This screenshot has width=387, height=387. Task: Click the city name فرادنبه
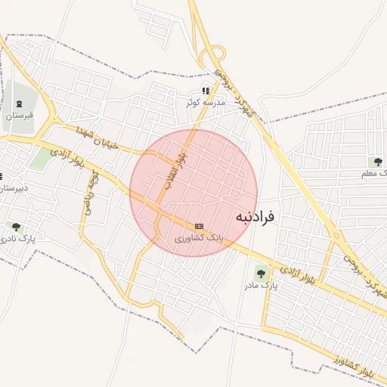(255, 216)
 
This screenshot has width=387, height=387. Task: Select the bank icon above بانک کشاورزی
(199, 226)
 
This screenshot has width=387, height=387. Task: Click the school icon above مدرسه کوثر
(205, 91)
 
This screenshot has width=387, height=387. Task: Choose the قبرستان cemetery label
(20, 116)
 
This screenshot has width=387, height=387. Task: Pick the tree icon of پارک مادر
(261, 274)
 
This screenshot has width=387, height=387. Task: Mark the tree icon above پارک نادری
(16, 227)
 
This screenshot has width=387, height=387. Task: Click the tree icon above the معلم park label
(378, 162)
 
